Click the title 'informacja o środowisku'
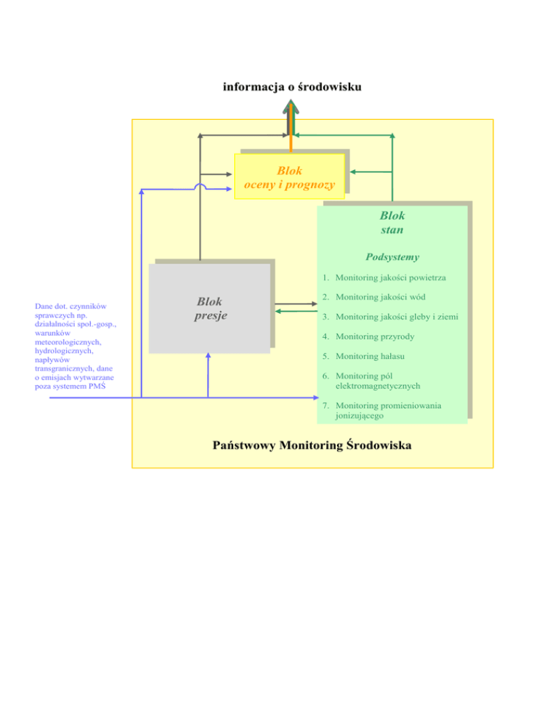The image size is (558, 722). [x=292, y=86]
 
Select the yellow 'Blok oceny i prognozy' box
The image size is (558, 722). [x=289, y=177]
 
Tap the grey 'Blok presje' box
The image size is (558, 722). [x=210, y=308]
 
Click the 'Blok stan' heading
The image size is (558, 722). [x=392, y=222]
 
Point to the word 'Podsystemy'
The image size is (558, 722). [x=392, y=257]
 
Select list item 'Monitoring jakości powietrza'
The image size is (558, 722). [x=390, y=277]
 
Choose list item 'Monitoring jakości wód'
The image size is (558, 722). [x=380, y=297]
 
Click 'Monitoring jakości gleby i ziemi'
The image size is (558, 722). [x=397, y=317]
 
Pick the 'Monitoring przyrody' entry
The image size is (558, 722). [x=375, y=336]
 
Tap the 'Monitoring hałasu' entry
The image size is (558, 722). [x=370, y=357]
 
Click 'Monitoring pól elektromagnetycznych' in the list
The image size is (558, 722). [x=378, y=381]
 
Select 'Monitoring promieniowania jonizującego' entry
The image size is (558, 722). [x=388, y=410]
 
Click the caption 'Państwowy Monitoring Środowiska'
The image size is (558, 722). [x=312, y=445]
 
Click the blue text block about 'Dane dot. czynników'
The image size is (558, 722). [x=76, y=346]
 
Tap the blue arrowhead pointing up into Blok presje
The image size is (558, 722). [x=209, y=355]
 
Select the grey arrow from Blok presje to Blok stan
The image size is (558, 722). [x=296, y=304]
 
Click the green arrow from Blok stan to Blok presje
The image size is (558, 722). [x=296, y=312]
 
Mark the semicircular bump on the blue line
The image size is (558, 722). [x=200, y=185]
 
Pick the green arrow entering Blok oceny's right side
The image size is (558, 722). [x=371, y=171]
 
